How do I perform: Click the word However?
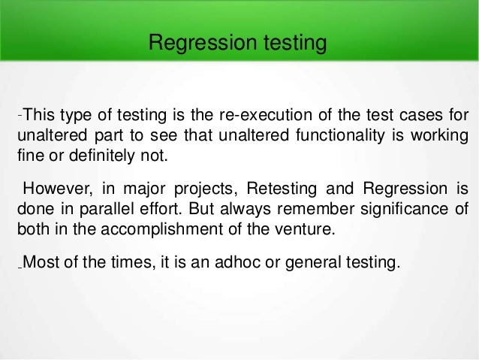[52, 187]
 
